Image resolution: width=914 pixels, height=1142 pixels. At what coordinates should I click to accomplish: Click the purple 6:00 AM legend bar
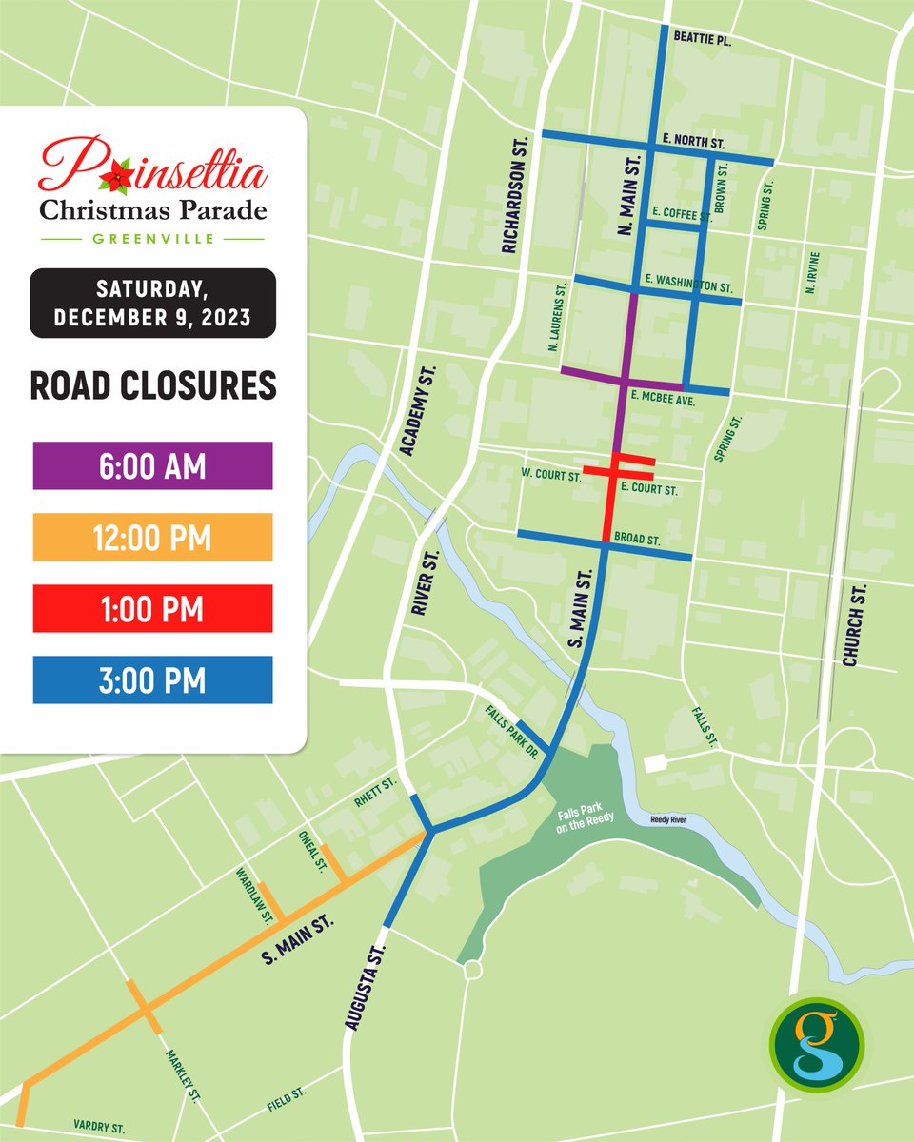coord(152,465)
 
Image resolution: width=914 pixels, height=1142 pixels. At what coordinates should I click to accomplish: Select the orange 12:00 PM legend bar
coord(152,537)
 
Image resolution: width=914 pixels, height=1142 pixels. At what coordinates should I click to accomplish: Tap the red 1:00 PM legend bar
coord(152,608)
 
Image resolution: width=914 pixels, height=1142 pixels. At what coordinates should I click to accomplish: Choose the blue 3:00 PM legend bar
coord(152,679)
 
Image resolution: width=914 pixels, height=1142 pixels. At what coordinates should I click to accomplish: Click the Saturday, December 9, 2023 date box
coord(152,303)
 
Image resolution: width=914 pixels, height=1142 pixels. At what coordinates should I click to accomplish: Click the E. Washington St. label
coord(687,285)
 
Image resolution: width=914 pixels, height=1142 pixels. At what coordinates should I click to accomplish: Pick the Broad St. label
coord(637,540)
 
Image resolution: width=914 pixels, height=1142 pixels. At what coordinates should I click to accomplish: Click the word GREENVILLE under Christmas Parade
coord(152,238)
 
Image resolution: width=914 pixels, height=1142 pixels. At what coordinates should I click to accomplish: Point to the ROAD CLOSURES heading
coord(152,385)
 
